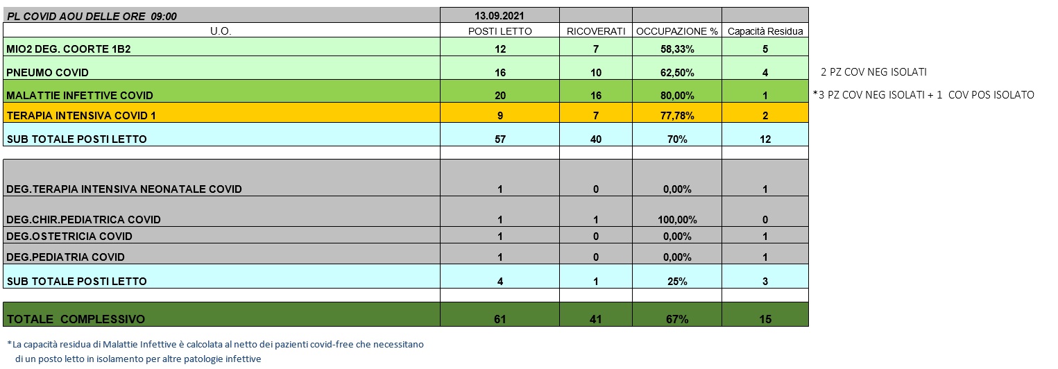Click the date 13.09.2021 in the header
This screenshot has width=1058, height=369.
point(500,15)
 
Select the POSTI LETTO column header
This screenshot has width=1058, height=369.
point(500,31)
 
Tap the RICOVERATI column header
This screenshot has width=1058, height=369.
point(596,31)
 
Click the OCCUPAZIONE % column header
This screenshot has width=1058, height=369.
point(676,31)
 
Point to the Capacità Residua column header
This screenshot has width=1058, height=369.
point(765,31)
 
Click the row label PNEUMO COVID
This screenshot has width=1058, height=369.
point(48,72)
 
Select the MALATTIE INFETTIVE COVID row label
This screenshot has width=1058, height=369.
point(80,95)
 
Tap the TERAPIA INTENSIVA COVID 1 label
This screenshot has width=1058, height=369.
point(81,116)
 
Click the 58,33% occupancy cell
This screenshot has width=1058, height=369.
point(676,49)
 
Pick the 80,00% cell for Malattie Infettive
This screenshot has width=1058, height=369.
point(676,95)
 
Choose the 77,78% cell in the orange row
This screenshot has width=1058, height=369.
point(676,116)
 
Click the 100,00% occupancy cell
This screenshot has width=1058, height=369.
point(676,219)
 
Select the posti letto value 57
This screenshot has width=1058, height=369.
point(500,139)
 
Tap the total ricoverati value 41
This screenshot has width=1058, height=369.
point(596,319)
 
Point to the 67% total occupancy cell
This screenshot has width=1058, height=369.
point(676,319)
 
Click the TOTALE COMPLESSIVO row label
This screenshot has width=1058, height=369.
point(76,319)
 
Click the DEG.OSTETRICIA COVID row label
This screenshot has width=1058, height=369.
point(69,236)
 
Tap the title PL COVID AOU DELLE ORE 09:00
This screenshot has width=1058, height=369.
point(91,15)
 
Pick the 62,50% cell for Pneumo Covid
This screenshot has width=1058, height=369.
point(676,72)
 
